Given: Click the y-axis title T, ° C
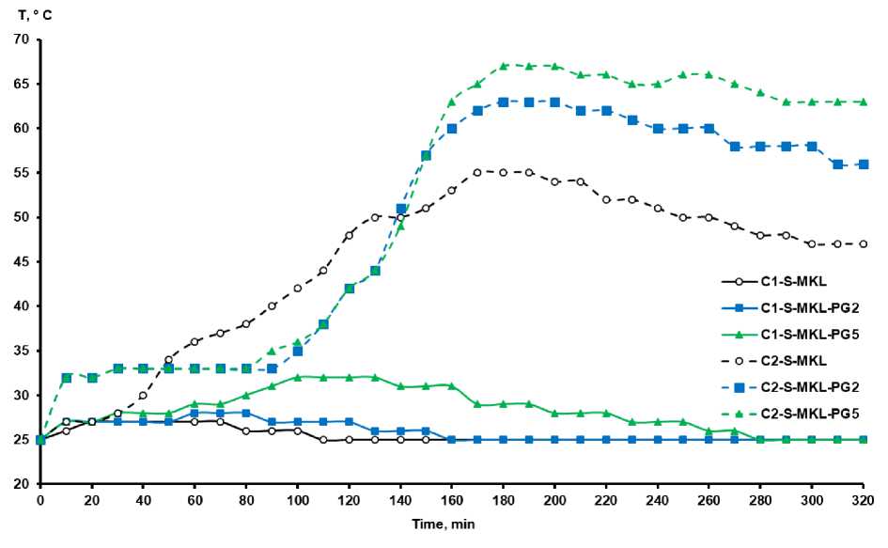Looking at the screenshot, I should pyautogui.click(x=28, y=13).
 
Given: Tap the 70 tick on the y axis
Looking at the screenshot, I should pyautogui.click(x=23, y=39).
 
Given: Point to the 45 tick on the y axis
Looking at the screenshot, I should pyautogui.click(x=23, y=262).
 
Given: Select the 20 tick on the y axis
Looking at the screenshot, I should pyautogui.click(x=23, y=484).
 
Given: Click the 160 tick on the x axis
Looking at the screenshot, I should pyautogui.click(x=452, y=499).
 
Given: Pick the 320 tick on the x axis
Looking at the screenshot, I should pyautogui.click(x=863, y=499).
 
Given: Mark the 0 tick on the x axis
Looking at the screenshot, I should pyautogui.click(x=40, y=499).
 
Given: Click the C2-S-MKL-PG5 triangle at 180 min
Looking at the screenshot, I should pyautogui.click(x=504, y=66).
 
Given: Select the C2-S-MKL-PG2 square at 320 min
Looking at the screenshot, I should pyautogui.click(x=863, y=164).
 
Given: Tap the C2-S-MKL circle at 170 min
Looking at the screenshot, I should pyautogui.click(x=477, y=173).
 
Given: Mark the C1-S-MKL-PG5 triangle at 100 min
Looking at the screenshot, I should pyautogui.click(x=298, y=377).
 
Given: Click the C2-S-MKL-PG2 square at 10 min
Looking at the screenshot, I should pyautogui.click(x=67, y=378).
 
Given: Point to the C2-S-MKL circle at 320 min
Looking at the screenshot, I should pyautogui.click(x=863, y=244).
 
